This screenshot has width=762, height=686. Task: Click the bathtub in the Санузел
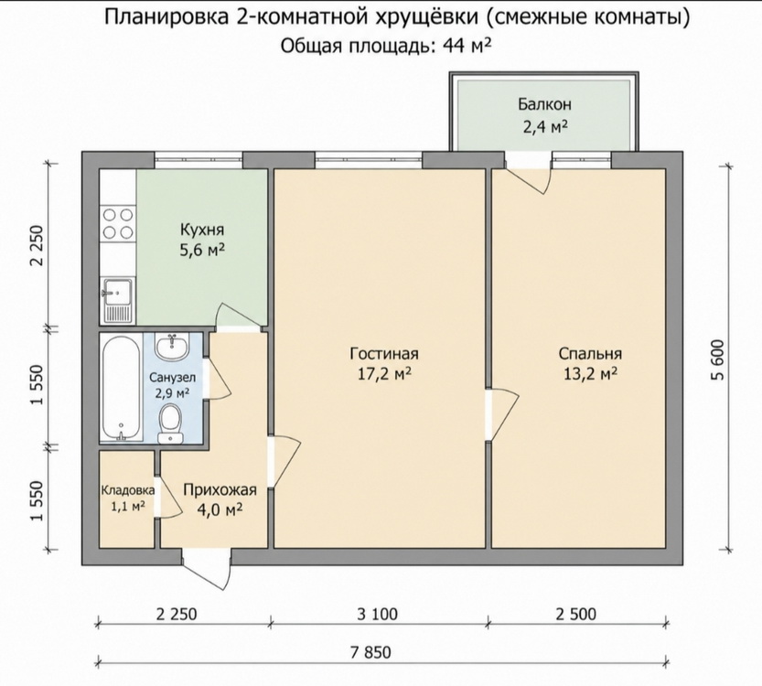coord(122,389)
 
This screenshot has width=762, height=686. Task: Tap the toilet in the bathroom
coord(170,423)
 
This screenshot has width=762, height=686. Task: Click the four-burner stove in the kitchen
coord(118,223)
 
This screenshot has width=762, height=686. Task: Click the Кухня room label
coord(202,230)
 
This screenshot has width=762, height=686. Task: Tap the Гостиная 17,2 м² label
coord(384,363)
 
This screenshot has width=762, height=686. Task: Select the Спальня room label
coord(590,354)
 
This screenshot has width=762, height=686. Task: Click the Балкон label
coord(544,104)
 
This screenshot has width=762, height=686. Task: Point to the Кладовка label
coord(128,490)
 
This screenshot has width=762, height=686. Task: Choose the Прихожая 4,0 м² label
coord(220,499)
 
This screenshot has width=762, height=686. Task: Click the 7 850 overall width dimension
coord(370,652)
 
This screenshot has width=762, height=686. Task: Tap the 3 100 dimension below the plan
coord(377,614)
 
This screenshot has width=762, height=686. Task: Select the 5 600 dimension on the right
coord(719,360)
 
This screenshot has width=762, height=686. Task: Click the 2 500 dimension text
coord(576,614)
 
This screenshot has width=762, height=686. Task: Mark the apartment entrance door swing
coord(208,568)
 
